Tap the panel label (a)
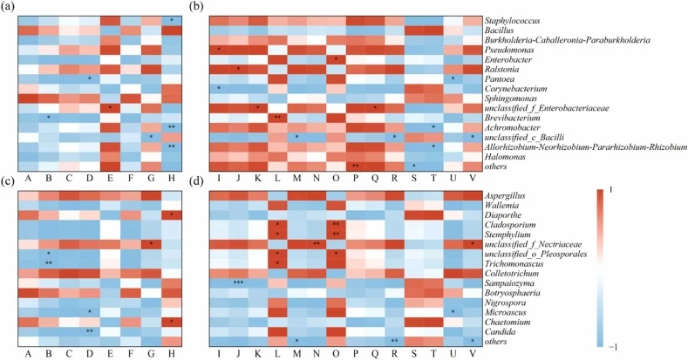[x=9, y=8]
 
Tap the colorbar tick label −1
[x=613, y=346]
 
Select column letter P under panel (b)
[x=356, y=177]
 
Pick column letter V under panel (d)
[x=473, y=352]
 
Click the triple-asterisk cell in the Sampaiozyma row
[x=238, y=283]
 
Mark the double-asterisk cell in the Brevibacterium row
[x=277, y=118]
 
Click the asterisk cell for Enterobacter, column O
[x=336, y=59]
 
